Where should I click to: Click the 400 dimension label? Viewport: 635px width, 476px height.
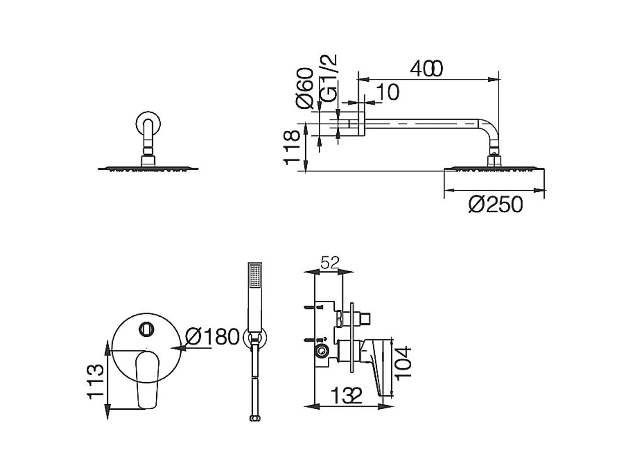tap(426, 69)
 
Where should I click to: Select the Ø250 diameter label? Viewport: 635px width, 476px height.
tap(495, 205)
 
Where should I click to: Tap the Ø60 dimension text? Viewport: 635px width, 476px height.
tap(305, 88)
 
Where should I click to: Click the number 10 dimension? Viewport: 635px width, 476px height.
tap(387, 93)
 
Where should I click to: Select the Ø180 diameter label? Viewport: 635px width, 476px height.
tap(212, 336)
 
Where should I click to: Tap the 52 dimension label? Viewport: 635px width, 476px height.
tap(330, 262)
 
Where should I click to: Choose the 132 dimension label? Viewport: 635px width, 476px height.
tap(346, 397)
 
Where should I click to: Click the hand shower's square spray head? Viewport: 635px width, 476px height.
tap(255, 276)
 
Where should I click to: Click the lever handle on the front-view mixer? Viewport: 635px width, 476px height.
tap(147, 378)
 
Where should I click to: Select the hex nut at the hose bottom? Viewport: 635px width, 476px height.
tap(254, 418)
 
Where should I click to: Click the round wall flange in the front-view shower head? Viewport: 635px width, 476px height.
tap(147, 123)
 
